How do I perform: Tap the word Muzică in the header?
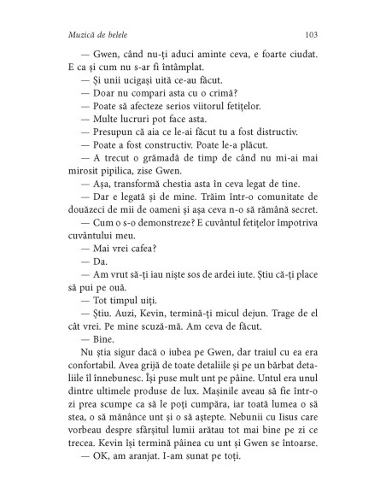[x=68, y=35]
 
